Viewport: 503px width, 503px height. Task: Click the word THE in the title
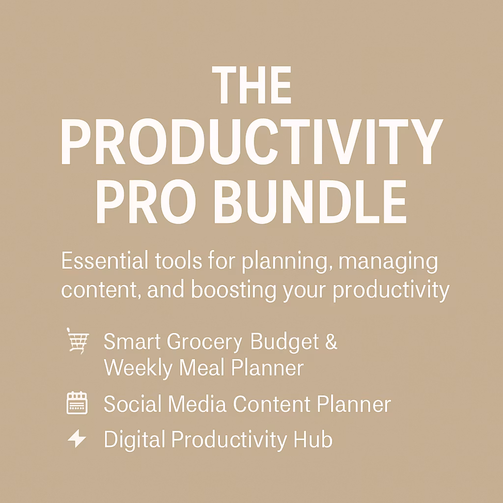(251, 86)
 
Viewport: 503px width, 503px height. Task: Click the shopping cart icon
(77, 340)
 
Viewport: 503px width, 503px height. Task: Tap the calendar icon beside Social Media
(77, 403)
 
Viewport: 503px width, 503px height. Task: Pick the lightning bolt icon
(77, 439)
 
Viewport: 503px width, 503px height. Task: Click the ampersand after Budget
(332, 342)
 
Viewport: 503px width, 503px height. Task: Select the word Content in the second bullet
(272, 404)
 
